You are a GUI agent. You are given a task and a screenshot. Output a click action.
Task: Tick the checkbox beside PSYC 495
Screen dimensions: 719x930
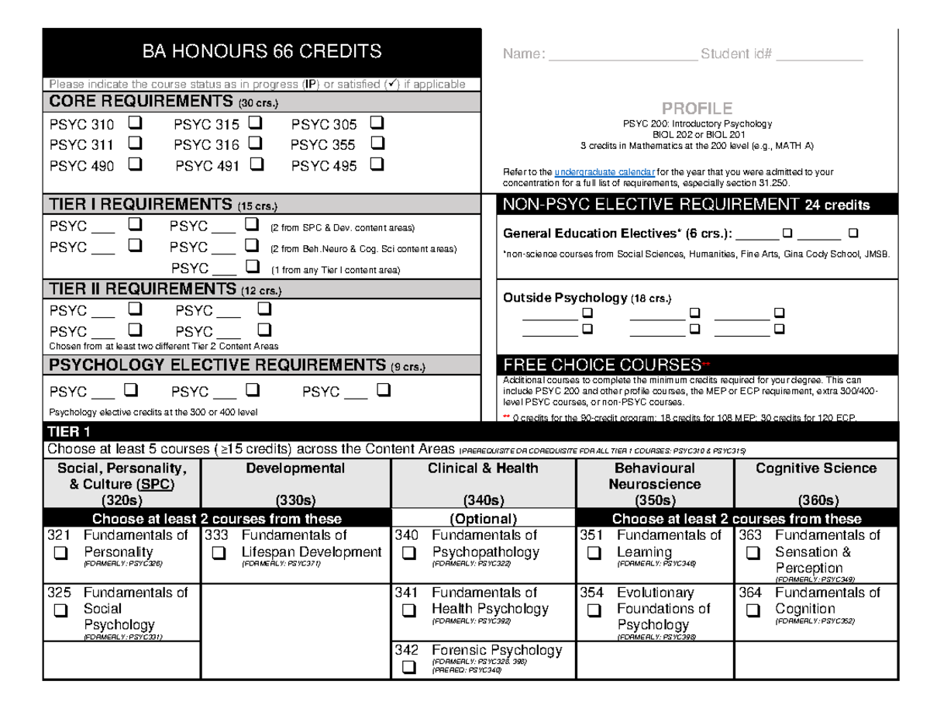(377, 164)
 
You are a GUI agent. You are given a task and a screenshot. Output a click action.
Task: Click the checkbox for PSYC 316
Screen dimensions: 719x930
(256, 143)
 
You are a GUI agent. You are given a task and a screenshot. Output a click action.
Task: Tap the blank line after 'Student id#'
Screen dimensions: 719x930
(820, 54)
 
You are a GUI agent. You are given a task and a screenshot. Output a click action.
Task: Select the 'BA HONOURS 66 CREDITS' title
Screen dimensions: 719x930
(262, 52)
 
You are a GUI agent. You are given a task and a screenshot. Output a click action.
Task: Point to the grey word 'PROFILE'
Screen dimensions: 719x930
(696, 108)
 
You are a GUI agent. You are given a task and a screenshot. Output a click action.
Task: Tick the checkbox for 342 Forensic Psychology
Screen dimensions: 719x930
(408, 667)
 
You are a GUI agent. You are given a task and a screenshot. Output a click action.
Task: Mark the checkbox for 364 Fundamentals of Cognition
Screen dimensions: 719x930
(752, 610)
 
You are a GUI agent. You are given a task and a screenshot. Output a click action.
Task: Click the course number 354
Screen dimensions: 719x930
(591, 593)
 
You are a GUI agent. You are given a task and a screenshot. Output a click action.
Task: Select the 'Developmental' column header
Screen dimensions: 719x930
(294, 468)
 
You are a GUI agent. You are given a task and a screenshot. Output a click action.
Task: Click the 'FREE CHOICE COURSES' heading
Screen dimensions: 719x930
(602, 365)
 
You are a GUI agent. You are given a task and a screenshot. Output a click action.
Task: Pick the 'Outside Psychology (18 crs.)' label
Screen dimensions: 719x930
(587, 298)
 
